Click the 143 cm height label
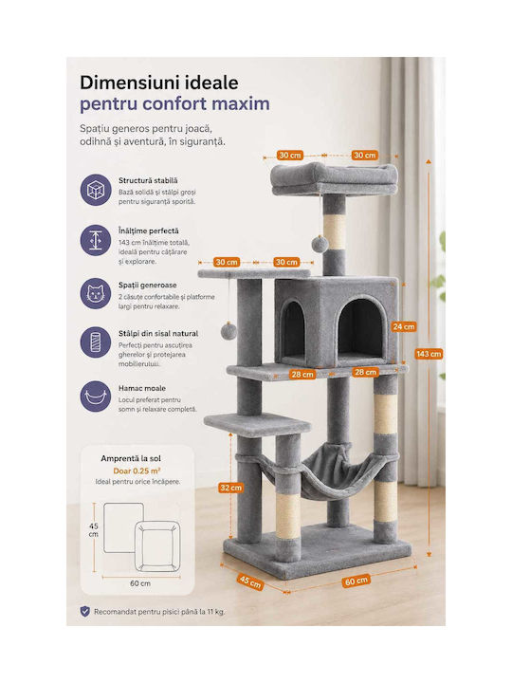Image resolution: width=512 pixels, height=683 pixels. coord(429,354)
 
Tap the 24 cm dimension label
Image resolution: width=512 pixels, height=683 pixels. coord(404,326)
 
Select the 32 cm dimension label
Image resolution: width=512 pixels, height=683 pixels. coord(230,488)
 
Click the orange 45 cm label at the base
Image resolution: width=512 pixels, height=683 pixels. coord(250,581)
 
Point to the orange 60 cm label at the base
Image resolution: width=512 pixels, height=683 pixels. coord(357,581)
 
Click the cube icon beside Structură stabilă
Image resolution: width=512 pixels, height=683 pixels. coord(96,190)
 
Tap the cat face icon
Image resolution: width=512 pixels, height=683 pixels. coord(96,293)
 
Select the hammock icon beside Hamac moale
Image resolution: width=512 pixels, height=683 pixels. coord(96,397)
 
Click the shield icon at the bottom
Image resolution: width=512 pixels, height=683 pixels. coord(85,611)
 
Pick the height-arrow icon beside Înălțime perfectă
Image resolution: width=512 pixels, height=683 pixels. coord(96,240)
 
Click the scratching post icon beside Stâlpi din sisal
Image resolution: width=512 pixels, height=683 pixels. coord(96,342)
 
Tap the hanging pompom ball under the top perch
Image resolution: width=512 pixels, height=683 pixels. coord(320,244)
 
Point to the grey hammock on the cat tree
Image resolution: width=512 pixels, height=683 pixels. coord(322,472)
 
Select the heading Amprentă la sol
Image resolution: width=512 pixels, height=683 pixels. coord(131,458)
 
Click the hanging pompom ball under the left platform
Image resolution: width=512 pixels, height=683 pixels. coord(229,332)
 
